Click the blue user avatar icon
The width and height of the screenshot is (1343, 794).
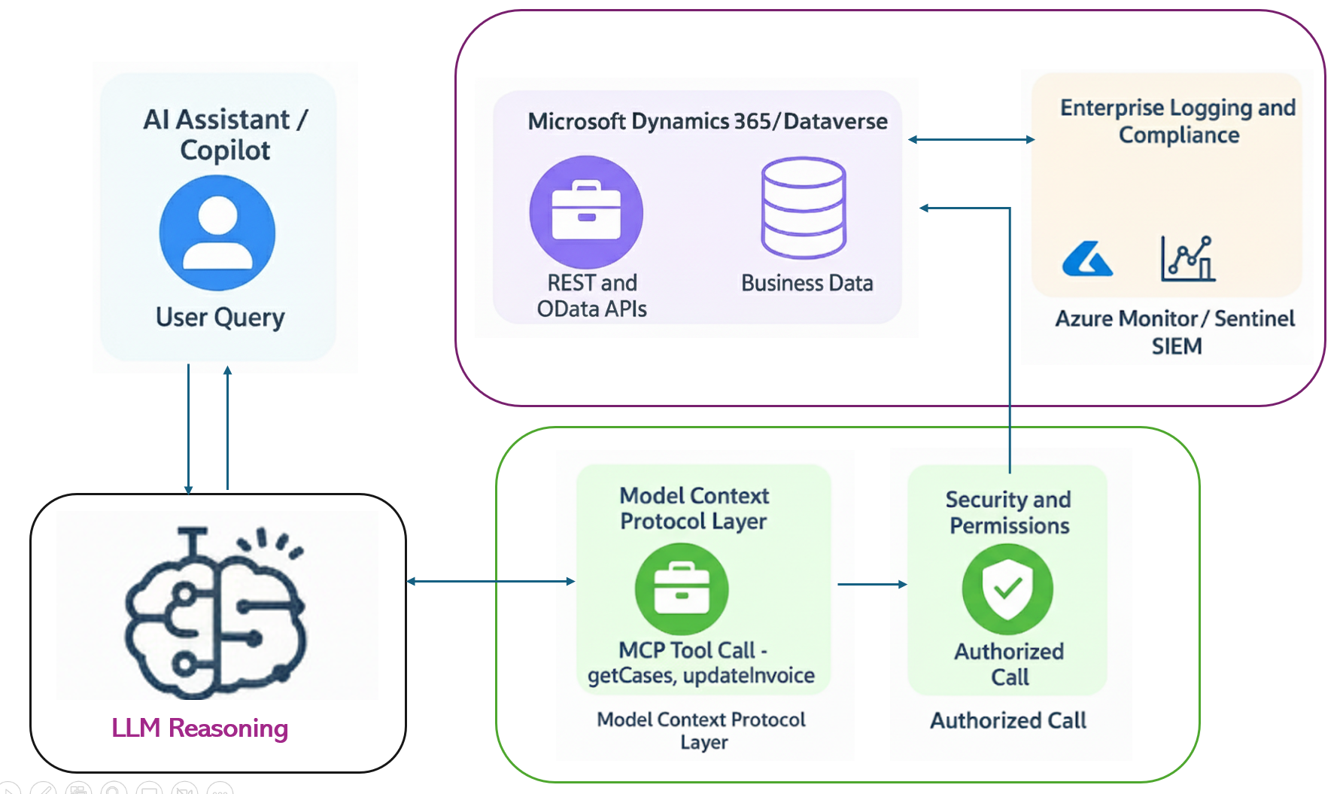217,233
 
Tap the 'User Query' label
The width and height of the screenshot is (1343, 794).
220,317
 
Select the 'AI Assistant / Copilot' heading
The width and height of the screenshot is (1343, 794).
225,135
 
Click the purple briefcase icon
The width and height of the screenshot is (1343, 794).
586,212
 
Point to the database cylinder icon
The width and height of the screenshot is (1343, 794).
804,208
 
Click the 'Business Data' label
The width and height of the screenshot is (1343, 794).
807,283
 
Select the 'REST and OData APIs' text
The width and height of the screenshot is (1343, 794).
591,296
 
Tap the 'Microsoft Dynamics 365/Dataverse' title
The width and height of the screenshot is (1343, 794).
707,121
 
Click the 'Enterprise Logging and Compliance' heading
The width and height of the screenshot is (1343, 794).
1177,121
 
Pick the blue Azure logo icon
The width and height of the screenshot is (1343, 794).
1086,260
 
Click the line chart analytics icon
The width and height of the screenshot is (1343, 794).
1188,259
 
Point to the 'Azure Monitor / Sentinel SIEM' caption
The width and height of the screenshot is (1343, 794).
1175,332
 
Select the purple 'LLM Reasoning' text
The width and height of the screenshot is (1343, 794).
199,728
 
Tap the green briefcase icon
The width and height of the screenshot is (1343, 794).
681,589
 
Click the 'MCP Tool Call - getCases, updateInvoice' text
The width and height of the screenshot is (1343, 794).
700,662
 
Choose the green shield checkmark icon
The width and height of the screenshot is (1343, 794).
1007,589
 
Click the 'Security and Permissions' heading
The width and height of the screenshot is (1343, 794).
1008,513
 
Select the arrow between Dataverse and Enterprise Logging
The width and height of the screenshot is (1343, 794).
971,139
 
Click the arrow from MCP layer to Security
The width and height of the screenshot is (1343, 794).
872,584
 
